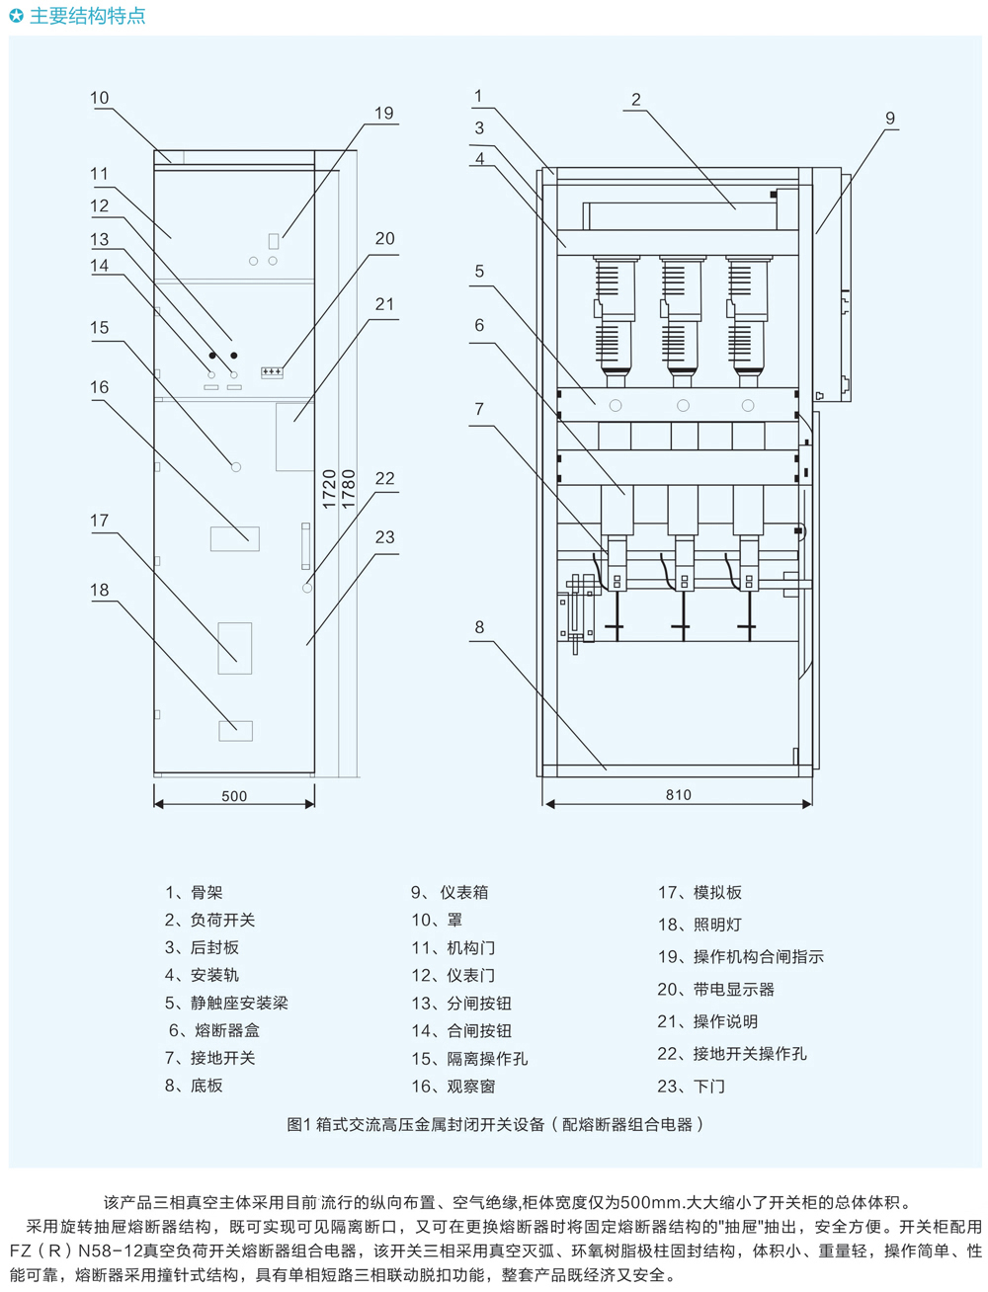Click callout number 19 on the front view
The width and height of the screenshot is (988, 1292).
[x=384, y=114]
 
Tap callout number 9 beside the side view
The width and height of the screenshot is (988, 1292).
[x=889, y=119]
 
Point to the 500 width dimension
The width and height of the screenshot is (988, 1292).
[x=234, y=796]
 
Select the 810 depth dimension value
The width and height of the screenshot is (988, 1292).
[x=679, y=795]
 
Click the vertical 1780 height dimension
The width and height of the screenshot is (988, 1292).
[x=349, y=489]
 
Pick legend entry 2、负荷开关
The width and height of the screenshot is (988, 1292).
[x=209, y=920]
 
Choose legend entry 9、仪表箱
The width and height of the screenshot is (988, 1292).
[x=450, y=892]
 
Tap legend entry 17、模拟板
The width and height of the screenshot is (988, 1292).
[x=700, y=892]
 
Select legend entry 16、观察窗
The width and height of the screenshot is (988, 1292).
[x=453, y=1086]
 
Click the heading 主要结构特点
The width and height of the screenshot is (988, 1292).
[x=87, y=16]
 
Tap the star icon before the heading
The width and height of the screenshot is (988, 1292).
[x=16, y=16]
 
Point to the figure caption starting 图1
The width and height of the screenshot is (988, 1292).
[x=494, y=1124]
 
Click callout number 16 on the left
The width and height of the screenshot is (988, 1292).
[x=100, y=387]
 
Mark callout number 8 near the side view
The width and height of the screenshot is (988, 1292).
[x=479, y=627]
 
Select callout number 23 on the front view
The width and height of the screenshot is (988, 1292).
[x=384, y=537]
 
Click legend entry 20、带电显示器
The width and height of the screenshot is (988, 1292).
[x=715, y=989]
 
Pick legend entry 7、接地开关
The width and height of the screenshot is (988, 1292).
[x=209, y=1058]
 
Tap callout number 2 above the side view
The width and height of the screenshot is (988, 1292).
[x=636, y=100]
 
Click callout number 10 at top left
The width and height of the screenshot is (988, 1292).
[x=100, y=98]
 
